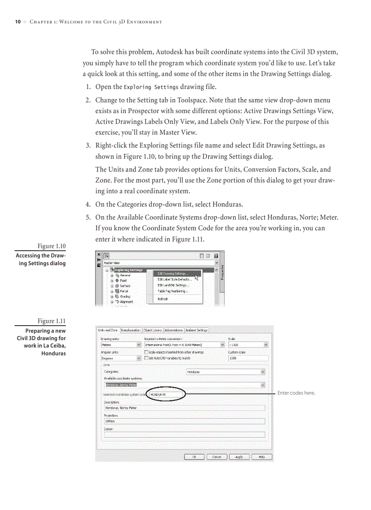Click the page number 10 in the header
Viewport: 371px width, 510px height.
[x=18, y=22]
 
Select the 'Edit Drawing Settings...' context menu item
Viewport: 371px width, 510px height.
[x=173, y=273]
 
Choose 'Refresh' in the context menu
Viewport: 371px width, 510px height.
[x=163, y=299]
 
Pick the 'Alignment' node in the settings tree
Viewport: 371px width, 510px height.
[x=126, y=302]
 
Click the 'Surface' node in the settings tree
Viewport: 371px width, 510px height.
[x=125, y=286]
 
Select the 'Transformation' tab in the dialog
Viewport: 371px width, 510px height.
[x=130, y=330]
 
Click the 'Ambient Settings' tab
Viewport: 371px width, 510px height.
[x=196, y=330]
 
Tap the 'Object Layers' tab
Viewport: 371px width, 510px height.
[x=152, y=330]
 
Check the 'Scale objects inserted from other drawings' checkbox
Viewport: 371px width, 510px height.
[x=146, y=352]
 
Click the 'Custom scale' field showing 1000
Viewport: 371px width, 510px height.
[x=248, y=358]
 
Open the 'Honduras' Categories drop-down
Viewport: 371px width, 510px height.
[x=226, y=372]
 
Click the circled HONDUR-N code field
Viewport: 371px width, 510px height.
[x=166, y=394]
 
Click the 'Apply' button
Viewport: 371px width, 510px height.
[x=239, y=457]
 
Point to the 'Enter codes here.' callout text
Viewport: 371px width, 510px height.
[x=296, y=393]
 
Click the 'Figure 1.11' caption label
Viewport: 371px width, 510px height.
[x=51, y=321]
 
